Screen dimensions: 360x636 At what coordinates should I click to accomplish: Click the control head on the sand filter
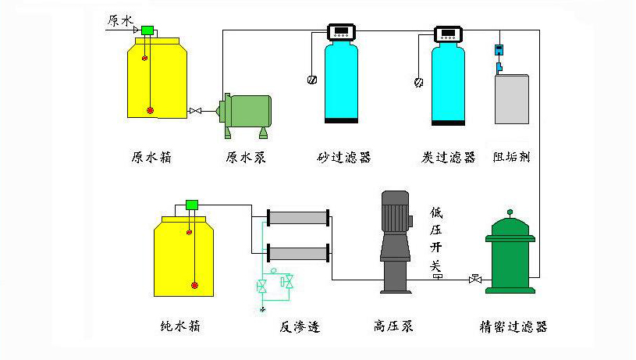pyautogui.click(x=341, y=33)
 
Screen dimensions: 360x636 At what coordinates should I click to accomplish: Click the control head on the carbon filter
pyautogui.click(x=448, y=33)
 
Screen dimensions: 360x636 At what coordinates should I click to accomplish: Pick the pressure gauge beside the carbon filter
pyautogui.click(x=419, y=80)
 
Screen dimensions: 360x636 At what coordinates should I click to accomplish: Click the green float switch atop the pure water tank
pyautogui.click(x=192, y=205)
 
